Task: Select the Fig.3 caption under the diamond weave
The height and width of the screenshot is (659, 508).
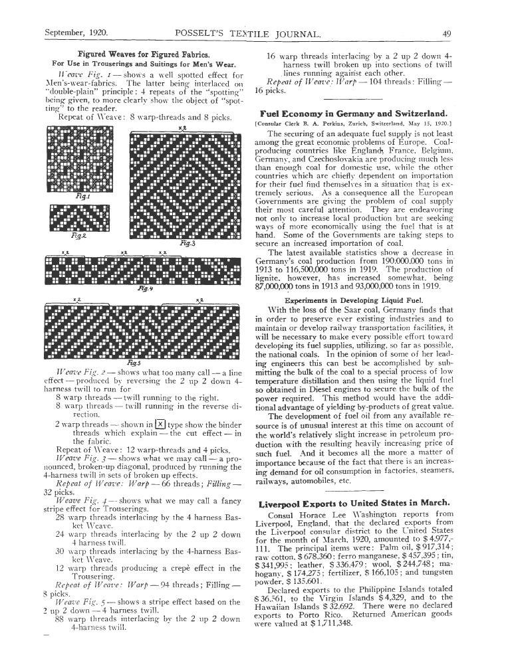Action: coord(186,244)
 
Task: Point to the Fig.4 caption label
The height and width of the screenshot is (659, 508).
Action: coord(142,289)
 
